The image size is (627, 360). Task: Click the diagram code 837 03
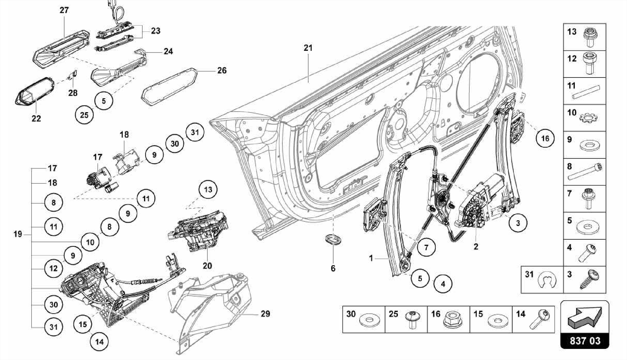click(x=585, y=341)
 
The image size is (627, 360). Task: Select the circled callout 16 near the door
click(x=545, y=139)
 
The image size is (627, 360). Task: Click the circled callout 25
click(x=84, y=115)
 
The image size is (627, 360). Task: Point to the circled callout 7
click(x=426, y=247)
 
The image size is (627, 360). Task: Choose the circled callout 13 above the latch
click(x=208, y=189)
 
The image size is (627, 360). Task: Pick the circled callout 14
click(x=99, y=342)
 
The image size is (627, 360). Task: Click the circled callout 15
click(x=83, y=324)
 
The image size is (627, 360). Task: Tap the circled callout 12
click(x=53, y=268)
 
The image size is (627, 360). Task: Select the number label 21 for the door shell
click(x=308, y=48)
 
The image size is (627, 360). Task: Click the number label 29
click(x=265, y=314)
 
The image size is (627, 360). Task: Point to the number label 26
click(x=222, y=70)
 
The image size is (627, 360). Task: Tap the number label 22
click(x=36, y=118)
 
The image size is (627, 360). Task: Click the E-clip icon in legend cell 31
click(x=545, y=279)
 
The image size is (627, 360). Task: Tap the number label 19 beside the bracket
click(x=18, y=234)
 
